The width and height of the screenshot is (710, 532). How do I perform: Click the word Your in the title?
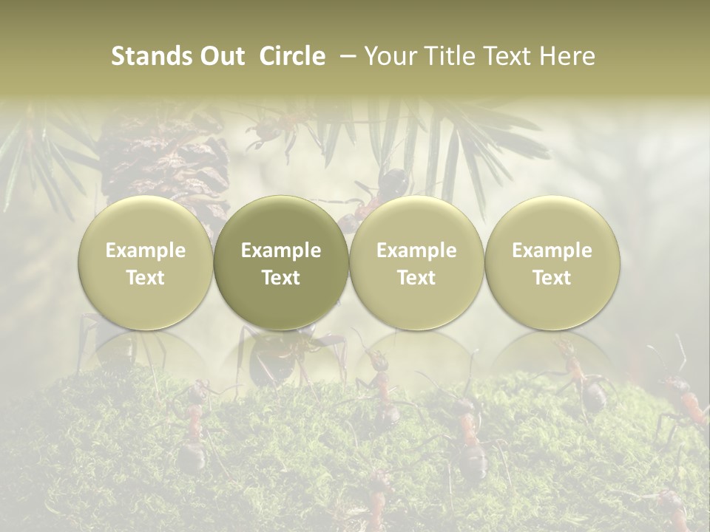[x=388, y=56]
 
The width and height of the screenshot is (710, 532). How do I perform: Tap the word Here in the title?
[x=566, y=56]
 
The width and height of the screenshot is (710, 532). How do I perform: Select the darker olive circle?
[x=281, y=263]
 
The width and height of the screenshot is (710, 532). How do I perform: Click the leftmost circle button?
[x=146, y=263]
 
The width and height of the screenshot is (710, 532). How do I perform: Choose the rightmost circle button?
[x=552, y=263]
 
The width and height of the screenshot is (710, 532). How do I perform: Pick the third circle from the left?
[x=416, y=263]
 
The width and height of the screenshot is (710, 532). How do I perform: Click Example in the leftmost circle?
[x=146, y=250]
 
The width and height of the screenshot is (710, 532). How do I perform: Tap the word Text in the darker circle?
[x=281, y=278]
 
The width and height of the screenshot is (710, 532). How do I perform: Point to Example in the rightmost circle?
[x=552, y=250]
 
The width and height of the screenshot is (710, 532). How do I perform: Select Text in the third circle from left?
[x=416, y=278]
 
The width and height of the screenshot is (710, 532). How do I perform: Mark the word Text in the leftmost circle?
[x=146, y=278]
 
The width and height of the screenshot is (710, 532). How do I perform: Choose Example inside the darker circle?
[x=281, y=250]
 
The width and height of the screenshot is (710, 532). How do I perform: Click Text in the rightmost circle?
[x=552, y=278]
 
